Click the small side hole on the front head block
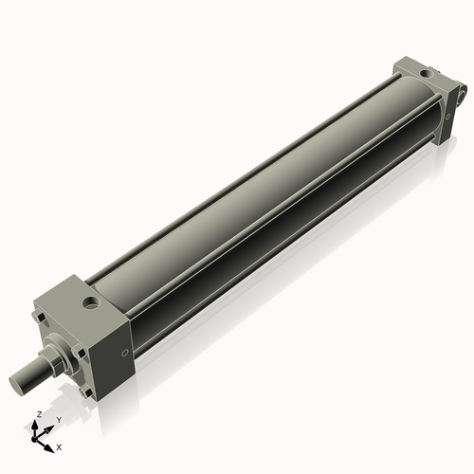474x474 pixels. (x=125, y=355)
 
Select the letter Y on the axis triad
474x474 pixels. (x=58, y=419)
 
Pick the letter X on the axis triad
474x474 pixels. (x=59, y=446)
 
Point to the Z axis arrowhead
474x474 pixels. (x=36, y=426)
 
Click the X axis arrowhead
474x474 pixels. (x=50, y=443)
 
